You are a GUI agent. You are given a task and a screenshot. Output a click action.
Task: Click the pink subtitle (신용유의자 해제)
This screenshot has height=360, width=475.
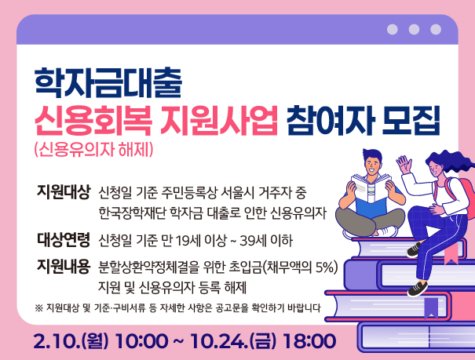tap(98, 149)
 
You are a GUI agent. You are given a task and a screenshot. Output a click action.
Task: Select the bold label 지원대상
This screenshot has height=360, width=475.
tap(64, 191)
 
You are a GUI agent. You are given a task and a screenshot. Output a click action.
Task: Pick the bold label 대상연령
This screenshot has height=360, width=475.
tap(64, 238)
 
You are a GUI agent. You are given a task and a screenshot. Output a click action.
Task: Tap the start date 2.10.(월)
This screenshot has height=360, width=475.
tap(71, 340)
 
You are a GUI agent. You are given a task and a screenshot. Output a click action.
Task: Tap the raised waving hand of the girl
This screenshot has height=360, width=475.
tap(405, 165)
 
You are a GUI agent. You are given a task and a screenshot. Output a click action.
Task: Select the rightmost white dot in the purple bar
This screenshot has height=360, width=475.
tap(436, 30)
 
